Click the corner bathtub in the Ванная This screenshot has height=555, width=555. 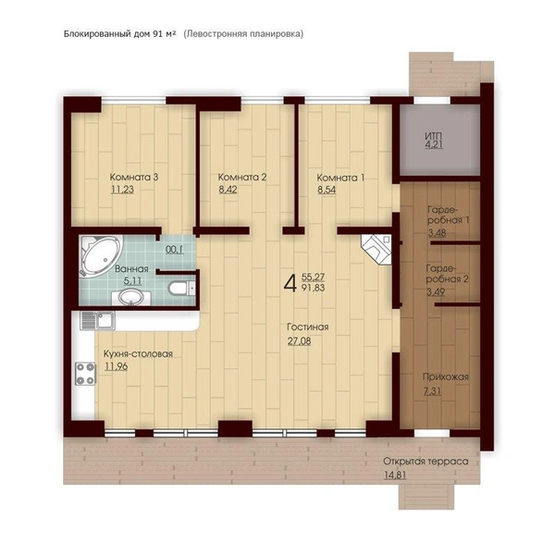101,255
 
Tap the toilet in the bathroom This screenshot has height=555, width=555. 181,288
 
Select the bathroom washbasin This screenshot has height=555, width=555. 131,298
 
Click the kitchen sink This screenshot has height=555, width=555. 97,320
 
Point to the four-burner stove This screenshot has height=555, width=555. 85,374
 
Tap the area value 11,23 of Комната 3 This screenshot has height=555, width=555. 122,190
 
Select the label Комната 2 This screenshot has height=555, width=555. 242,177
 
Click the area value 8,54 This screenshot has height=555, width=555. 327,190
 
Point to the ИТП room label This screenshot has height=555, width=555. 434,136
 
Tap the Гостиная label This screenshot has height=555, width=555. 308,327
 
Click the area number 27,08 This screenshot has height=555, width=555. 300,341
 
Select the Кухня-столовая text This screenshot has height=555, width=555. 138,354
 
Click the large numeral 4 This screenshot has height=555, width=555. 290,283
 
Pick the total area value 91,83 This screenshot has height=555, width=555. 314,288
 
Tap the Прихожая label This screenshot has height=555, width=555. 446,377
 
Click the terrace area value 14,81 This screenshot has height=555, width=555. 395,475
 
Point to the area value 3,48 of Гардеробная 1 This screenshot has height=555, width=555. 437,233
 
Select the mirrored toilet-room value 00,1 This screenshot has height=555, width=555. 175,250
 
